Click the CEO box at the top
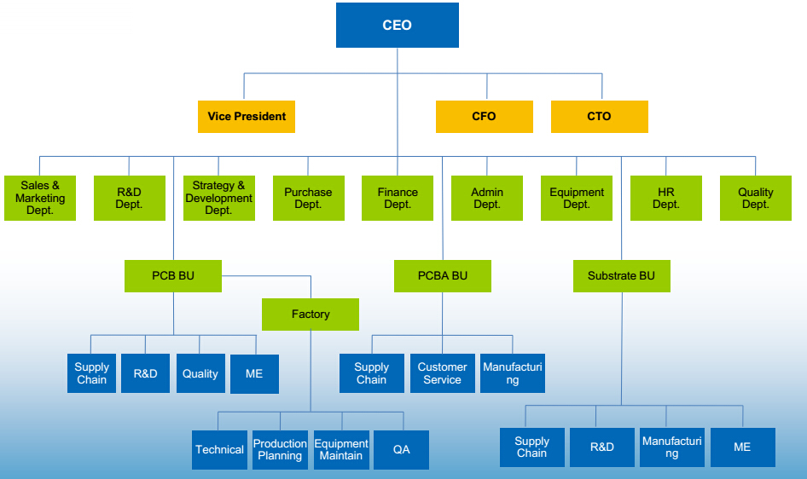pyautogui.click(x=397, y=25)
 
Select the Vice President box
pyautogui.click(x=247, y=117)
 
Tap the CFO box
pyautogui.click(x=484, y=117)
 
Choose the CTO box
pyautogui.click(x=599, y=117)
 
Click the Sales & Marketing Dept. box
pyautogui.click(x=40, y=198)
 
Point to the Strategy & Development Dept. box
pyautogui.click(x=218, y=198)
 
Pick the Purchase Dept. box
pyautogui.click(x=308, y=198)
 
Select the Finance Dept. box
pyautogui.click(x=398, y=198)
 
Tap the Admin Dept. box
pyautogui.click(x=487, y=198)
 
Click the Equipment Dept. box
pyautogui.click(x=577, y=198)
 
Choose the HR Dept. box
pyautogui.click(x=666, y=198)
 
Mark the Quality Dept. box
pyautogui.click(x=756, y=198)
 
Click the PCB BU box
pyautogui.click(x=173, y=276)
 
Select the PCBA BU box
pyautogui.click(x=443, y=276)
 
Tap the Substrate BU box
pyautogui.click(x=621, y=276)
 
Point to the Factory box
pyautogui.click(x=311, y=315)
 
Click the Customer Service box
pyautogui.click(x=442, y=373)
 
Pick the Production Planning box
pyautogui.click(x=280, y=450)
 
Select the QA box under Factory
pyautogui.click(x=401, y=450)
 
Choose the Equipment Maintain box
pyautogui.click(x=341, y=450)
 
